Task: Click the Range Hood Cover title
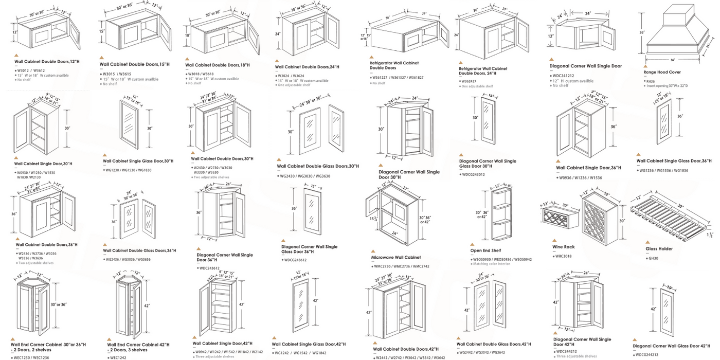(x=662, y=73)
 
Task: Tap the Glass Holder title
(x=659, y=249)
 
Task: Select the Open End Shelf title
(x=485, y=250)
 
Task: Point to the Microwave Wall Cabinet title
(x=395, y=257)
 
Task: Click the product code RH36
(x=651, y=80)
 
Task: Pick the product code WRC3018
(x=564, y=256)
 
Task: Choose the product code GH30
(x=653, y=258)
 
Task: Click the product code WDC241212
(x=564, y=76)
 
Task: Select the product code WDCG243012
(x=474, y=174)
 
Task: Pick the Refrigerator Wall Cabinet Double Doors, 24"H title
(x=483, y=71)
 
